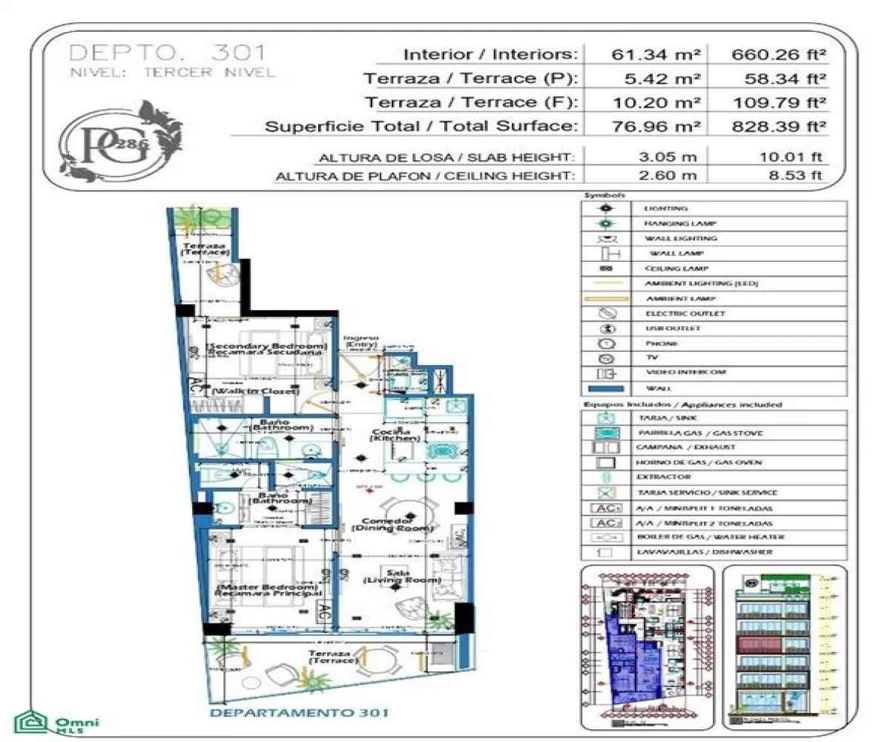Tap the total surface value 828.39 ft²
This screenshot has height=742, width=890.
tap(779, 126)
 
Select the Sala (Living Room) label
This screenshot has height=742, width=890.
tap(403, 577)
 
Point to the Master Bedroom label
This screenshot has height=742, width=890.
tap(268, 591)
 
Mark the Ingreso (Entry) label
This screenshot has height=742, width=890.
tap(361, 341)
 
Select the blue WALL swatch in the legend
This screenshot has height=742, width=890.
tap(606, 388)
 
